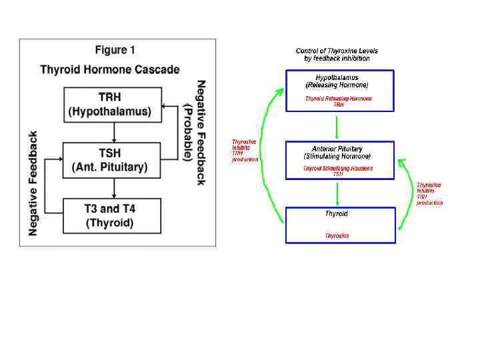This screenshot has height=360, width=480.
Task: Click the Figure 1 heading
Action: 115,50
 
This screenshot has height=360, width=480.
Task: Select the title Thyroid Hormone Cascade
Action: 110,69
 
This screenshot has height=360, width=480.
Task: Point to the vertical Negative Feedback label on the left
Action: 33,182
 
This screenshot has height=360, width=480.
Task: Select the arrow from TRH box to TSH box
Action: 114,131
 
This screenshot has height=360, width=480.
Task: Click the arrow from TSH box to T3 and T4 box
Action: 114,187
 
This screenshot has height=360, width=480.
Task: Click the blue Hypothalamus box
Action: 339,91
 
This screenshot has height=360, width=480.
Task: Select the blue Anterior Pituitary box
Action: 339,160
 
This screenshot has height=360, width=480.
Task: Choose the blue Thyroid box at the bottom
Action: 339,225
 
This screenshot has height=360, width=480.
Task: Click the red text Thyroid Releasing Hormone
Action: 339,99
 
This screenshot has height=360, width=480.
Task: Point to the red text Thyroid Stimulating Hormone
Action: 338,169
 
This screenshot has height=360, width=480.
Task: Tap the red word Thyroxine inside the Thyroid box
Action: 337,235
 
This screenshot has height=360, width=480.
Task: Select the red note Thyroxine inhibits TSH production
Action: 429,193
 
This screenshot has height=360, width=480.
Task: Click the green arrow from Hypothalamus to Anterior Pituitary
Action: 337,126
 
